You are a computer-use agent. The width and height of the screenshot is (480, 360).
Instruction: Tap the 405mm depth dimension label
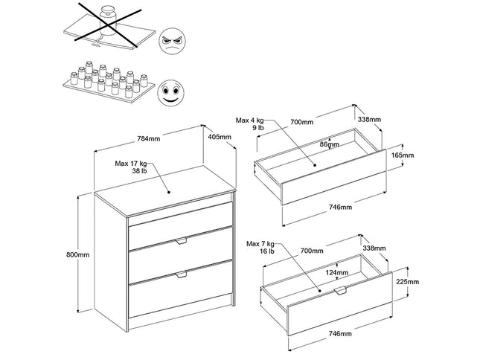click(x=220, y=137)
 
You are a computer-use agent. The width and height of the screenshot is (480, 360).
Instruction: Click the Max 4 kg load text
click(x=250, y=123)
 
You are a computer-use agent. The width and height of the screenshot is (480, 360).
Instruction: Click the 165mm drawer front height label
click(x=403, y=155)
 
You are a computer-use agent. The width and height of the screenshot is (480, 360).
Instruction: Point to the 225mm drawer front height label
click(x=407, y=282)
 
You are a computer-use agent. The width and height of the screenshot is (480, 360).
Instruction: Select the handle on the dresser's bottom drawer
click(x=181, y=275)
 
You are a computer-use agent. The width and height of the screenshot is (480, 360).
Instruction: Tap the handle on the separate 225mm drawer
click(x=342, y=290)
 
